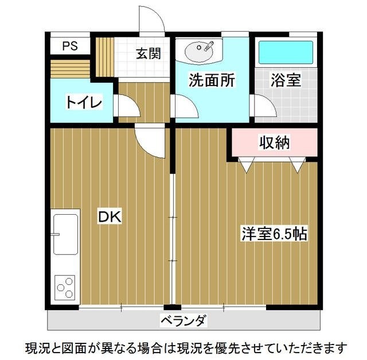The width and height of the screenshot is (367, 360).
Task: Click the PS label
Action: (71, 46)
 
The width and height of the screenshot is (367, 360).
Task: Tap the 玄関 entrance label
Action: (148, 55)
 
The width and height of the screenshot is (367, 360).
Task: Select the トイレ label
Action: (84, 103)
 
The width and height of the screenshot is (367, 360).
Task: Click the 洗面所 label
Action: (212, 81)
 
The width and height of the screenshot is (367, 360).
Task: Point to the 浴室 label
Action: (286, 81)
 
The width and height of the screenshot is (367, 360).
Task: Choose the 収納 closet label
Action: (274, 142)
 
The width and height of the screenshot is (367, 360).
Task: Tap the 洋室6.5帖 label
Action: (274, 234)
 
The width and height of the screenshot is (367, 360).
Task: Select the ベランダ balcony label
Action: (183, 320)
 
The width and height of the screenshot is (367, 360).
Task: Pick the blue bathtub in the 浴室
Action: (286, 52)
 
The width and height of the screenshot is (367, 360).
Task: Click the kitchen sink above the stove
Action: (65, 234)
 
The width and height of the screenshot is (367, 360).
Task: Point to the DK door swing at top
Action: (150, 140)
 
